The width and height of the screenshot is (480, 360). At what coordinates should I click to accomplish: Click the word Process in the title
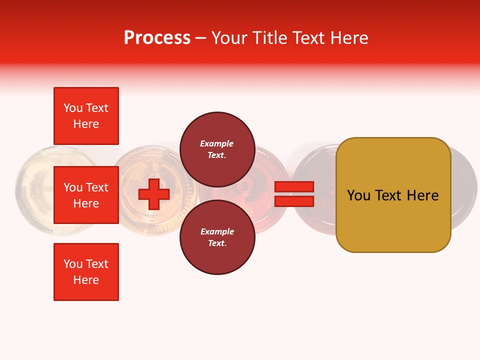pos(157,37)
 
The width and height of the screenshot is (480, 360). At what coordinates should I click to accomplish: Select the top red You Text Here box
pos(86,116)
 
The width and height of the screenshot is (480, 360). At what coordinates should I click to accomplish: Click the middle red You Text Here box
pos(86,195)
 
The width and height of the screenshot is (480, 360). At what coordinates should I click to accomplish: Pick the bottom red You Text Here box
pos(86,272)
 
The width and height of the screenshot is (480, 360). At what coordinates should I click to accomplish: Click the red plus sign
pos(154,194)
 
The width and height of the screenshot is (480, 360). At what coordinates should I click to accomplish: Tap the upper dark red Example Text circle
pos(217,149)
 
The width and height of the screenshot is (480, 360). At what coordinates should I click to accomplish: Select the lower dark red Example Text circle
pos(217,237)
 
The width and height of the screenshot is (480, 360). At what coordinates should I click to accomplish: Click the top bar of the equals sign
pos(294,186)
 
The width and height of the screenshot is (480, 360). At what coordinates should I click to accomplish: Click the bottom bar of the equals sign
pos(294,201)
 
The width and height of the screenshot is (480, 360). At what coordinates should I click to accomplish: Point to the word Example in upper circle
pos(217,143)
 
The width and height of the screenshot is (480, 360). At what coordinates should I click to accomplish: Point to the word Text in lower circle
pos(217,243)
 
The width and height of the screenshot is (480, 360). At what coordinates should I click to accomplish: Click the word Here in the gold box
pos(423,195)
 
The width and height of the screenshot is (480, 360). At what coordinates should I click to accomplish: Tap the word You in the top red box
pos(72,108)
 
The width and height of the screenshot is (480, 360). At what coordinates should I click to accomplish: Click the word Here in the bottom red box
pos(86,280)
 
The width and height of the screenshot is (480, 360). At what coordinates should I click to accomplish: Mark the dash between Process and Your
pos(200,38)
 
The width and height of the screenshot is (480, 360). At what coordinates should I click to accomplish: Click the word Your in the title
pos(229,37)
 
